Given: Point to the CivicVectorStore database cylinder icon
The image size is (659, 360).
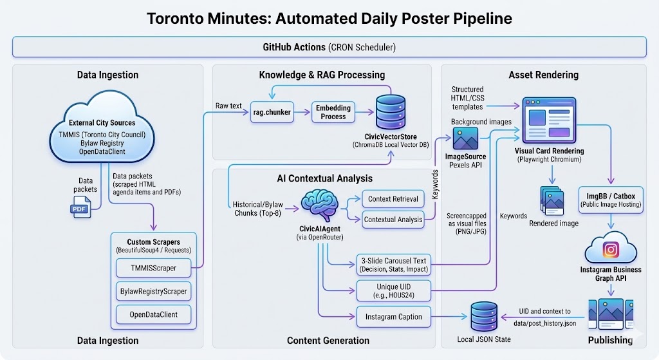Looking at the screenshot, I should point(391,111).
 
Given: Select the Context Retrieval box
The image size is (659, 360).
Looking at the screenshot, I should point(393,199).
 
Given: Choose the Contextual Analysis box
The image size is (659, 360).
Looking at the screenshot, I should point(393,219).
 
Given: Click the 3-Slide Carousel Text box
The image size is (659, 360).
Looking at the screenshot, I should point(393,264).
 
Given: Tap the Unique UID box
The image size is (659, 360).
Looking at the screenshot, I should point(393,290).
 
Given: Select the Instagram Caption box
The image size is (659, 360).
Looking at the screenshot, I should point(393,316).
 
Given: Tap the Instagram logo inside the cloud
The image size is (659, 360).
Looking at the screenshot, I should point(611,250).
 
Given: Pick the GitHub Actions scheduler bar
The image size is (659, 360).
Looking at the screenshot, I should point(329,47).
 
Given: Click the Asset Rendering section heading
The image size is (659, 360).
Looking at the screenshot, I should point(543,75).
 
